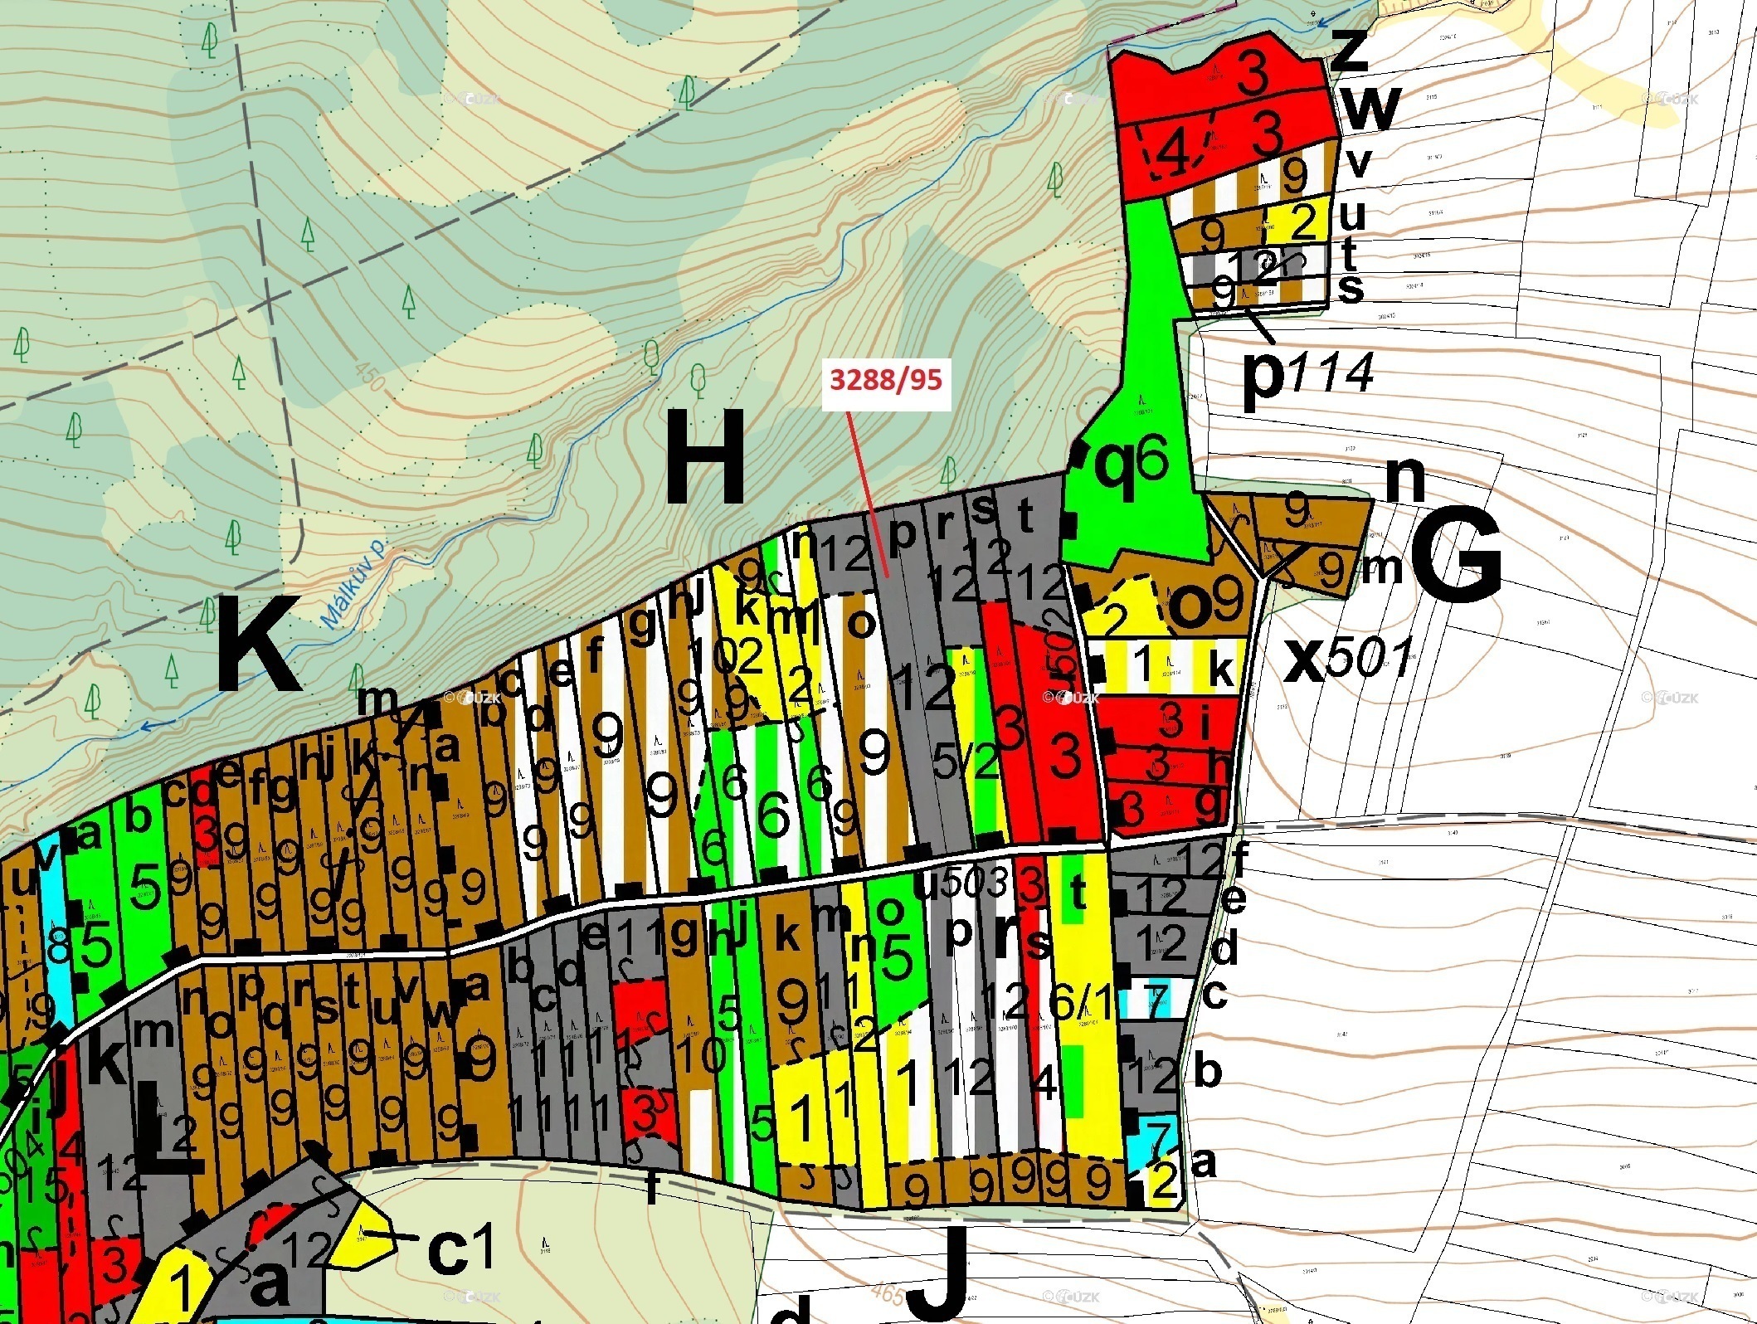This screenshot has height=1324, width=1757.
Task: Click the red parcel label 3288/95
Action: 886,380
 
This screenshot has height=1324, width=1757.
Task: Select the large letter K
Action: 258,643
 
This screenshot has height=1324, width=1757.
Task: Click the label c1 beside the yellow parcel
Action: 461,1248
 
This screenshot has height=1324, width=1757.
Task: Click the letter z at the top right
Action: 1350,49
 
